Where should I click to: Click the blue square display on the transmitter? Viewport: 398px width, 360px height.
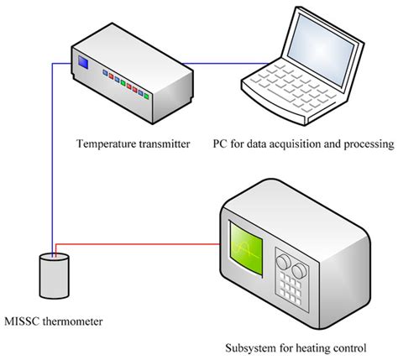coord(83,61)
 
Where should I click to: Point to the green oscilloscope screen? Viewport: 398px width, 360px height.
coord(245,245)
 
